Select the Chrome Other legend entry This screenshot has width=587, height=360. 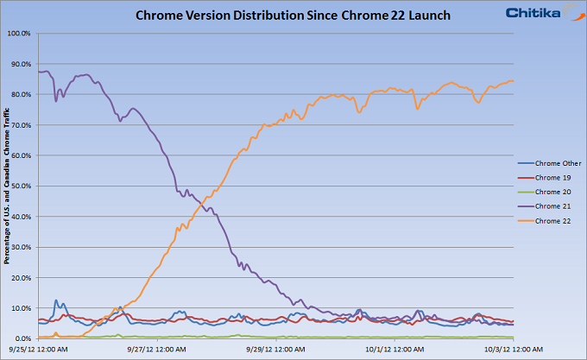[559, 163]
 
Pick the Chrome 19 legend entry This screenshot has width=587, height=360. [553, 177]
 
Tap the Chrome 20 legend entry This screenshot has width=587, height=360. [553, 192]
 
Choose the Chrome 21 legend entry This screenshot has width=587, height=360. [553, 206]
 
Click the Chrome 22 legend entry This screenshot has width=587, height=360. [553, 221]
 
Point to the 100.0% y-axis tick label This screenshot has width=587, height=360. [19, 34]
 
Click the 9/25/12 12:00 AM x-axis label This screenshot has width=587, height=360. [38, 349]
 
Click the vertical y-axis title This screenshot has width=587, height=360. [8, 186]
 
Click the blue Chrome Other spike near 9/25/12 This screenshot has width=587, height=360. [56, 301]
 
